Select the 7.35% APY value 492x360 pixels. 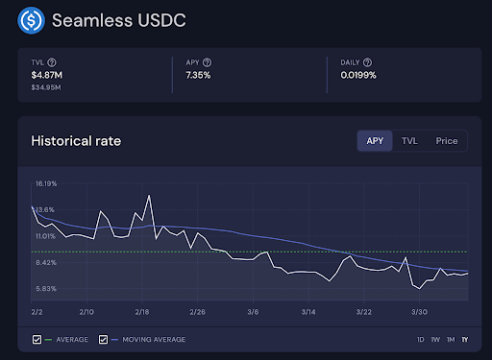200,75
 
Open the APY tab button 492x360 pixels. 375,141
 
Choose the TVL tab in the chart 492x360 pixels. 409,141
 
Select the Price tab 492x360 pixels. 446,141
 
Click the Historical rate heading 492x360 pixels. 76,141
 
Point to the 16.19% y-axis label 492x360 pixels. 46,182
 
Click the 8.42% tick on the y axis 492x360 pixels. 46,261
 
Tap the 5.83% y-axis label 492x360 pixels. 46,288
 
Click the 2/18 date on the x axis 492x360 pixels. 142,312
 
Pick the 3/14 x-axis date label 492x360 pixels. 309,312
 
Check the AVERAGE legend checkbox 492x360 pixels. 37,339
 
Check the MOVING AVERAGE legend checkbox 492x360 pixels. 103,339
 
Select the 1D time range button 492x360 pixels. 420,340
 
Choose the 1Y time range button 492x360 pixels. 465,340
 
